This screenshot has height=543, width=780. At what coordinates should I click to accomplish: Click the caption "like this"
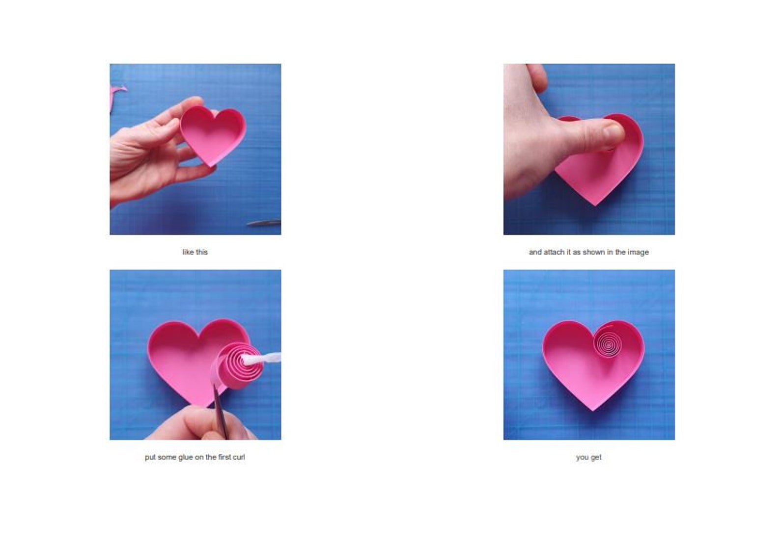[x=195, y=252]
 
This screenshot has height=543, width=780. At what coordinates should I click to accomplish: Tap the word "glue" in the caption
[x=185, y=457]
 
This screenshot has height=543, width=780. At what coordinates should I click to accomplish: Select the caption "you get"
[x=588, y=457]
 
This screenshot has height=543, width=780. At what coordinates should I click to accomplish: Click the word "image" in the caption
[x=638, y=252]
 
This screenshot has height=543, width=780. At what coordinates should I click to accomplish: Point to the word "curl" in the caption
[x=238, y=457]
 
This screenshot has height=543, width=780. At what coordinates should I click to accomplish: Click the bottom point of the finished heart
[x=593, y=409]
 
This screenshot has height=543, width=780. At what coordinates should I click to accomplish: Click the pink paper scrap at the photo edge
[x=117, y=92]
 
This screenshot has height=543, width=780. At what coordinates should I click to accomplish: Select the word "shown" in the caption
[x=593, y=252]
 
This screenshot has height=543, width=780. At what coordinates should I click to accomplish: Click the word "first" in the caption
[x=224, y=457]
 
